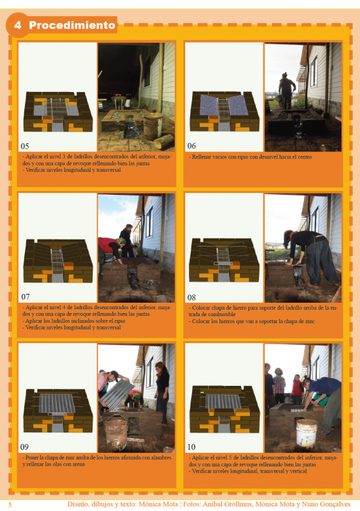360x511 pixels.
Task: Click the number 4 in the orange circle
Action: click(x=18, y=26)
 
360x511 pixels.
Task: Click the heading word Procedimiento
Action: click(x=71, y=26)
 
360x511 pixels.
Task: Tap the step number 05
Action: click(x=25, y=146)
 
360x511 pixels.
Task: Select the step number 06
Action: click(x=191, y=146)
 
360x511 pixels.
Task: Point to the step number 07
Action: click(x=25, y=297)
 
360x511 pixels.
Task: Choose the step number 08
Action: click(x=191, y=297)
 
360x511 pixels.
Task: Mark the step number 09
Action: click(x=25, y=447)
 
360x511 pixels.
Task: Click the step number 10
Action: click(x=191, y=447)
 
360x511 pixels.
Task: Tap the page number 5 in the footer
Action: click(x=10, y=504)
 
